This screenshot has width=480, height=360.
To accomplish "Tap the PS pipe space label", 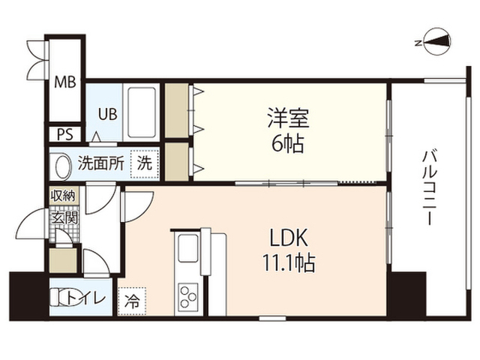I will (x=64, y=134).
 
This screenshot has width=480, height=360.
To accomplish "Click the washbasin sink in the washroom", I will (x=59, y=163).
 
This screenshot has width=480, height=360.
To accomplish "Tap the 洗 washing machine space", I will (x=143, y=161).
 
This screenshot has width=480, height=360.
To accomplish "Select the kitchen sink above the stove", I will (x=187, y=247).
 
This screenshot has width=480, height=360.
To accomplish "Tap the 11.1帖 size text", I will (x=287, y=264).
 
